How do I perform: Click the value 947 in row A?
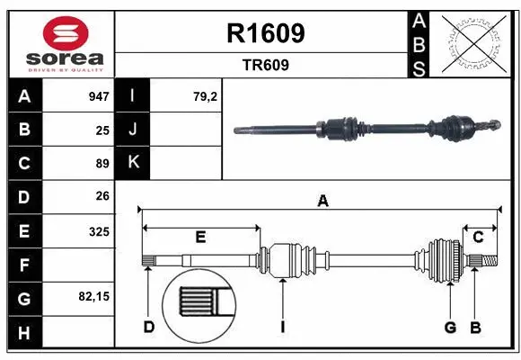pos(98,96)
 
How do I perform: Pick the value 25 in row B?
pos(102,130)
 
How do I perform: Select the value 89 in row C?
pos(102,164)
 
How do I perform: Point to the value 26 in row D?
pos(102,196)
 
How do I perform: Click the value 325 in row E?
pos(99,231)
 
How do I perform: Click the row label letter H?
pos(23,334)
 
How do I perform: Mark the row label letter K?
pos(134,163)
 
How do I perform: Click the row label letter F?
pos(23,265)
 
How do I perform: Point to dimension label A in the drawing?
pos(322,202)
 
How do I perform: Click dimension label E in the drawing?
pos(200,237)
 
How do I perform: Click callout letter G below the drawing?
pos(450,327)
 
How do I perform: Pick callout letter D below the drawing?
pos(149,327)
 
